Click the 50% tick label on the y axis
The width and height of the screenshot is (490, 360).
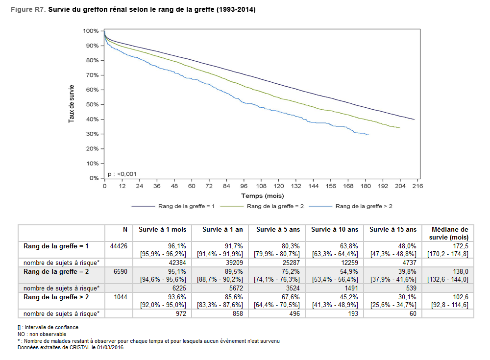[93, 105]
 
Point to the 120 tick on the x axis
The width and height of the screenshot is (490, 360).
[278, 186]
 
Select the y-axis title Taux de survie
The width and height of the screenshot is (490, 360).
[72, 104]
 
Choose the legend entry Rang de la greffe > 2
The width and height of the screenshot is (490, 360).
[364, 206]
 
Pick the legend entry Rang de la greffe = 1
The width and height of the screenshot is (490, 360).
[186, 206]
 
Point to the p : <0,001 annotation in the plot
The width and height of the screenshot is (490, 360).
[122, 174]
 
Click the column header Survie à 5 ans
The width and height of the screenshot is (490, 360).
[277, 229]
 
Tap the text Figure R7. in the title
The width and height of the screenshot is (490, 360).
[31, 10]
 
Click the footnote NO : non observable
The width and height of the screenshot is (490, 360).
[42, 334]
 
